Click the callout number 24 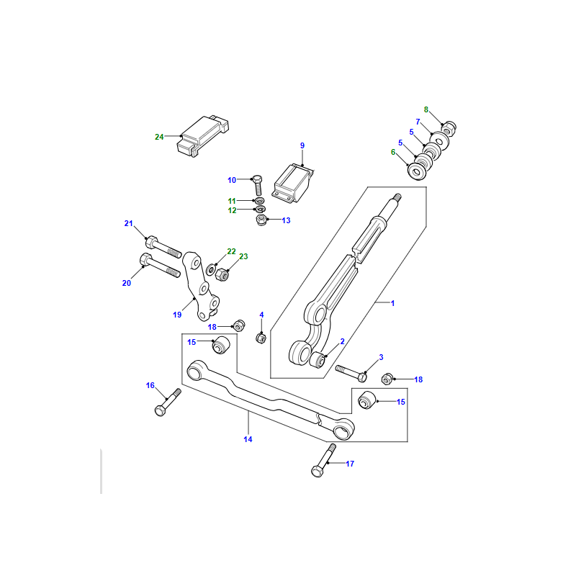tap(159, 137)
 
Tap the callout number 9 tap(302, 145)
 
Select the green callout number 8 tap(426, 109)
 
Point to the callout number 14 tap(248, 439)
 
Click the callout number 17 tap(350, 464)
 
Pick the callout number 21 tap(129, 223)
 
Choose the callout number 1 tap(392, 303)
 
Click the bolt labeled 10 tap(258, 186)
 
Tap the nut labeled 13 tap(261, 220)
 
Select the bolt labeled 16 tap(168, 402)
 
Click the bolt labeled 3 tap(351, 373)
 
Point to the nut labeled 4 tap(261, 338)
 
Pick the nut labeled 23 tap(222, 274)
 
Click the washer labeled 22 tap(211, 269)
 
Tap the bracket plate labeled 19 tap(201, 286)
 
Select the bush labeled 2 tap(318, 359)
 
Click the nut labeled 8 tap(449, 128)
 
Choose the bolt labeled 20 tap(160, 265)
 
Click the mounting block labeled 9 tap(293, 184)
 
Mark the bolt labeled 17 tap(323, 461)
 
